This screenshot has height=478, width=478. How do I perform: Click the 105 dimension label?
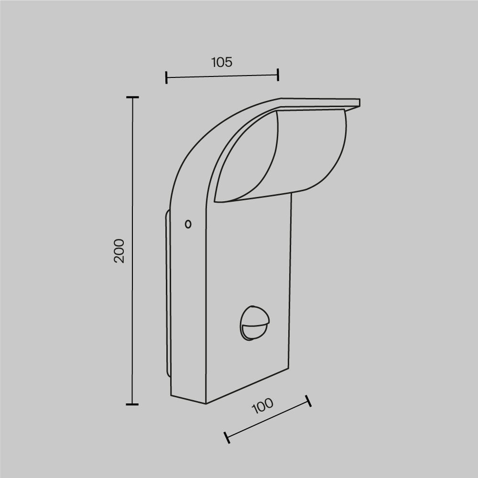[x=221, y=62]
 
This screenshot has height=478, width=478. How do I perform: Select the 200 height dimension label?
[x=119, y=250]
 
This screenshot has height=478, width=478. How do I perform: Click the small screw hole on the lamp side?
[x=188, y=224]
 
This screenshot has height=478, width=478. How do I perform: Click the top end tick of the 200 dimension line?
[x=132, y=97]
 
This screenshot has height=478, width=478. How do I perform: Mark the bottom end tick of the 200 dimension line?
[x=132, y=404]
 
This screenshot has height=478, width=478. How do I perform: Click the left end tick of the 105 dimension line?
[x=166, y=77]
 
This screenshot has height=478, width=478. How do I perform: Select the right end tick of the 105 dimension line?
[x=278, y=74]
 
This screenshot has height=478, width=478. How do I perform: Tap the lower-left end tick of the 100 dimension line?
[x=227, y=437]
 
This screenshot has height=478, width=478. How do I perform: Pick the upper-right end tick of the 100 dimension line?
[x=308, y=401]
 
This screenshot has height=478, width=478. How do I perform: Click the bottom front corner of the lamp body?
[x=206, y=403]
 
